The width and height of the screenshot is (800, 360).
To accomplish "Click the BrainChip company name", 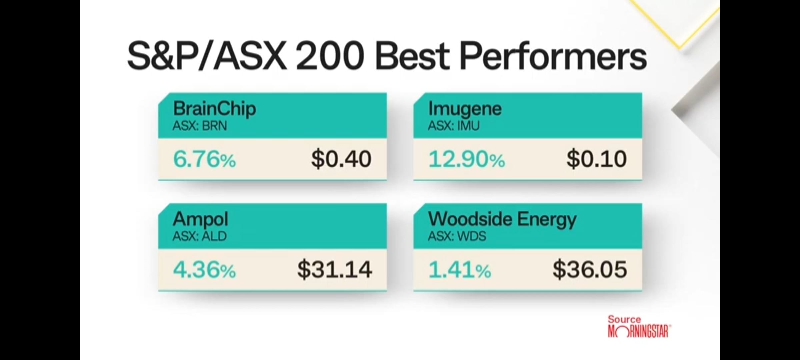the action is coord(214,109).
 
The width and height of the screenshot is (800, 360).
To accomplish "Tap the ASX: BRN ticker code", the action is coord(200,126).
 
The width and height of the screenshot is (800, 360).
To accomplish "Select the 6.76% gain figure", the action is coord(204,159).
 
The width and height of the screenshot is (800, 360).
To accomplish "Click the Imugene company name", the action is coord(465,109).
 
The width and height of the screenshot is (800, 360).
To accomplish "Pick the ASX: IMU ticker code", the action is coord(454,126).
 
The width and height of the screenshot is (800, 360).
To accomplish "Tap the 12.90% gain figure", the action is coord(466,159).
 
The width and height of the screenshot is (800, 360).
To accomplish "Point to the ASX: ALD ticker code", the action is coord(200,236).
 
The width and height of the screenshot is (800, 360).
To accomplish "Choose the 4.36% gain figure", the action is coord(204,270).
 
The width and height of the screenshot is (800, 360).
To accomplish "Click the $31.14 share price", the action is coord(334,269).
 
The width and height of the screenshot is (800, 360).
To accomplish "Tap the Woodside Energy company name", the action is coord(502,220).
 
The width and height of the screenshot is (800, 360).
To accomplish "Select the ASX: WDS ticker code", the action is coord(457,236).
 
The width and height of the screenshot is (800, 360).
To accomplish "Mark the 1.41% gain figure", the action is coord(460,270).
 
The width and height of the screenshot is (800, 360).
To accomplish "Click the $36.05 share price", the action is coord(590,269).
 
